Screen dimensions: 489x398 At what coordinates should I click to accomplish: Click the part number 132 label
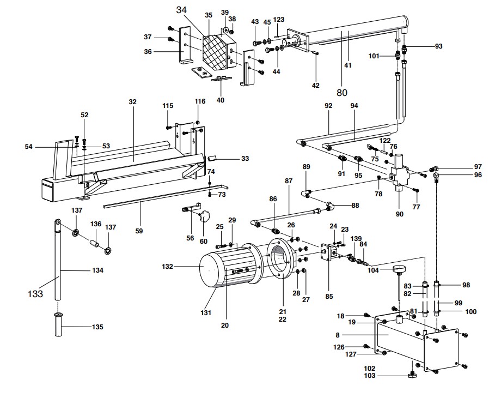(167, 267)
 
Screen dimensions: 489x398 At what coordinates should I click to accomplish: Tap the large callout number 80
(342, 93)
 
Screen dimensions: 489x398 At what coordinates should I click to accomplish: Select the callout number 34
(181, 10)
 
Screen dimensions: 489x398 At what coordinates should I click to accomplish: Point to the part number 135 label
(97, 327)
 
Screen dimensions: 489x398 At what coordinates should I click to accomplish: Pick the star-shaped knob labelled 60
(205, 216)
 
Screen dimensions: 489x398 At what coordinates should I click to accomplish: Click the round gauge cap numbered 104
(398, 268)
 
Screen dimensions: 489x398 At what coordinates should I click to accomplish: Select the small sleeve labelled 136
(95, 243)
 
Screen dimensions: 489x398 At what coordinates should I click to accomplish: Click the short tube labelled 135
(58, 324)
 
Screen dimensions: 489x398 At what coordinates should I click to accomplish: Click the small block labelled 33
(212, 158)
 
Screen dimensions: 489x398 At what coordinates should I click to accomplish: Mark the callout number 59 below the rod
(139, 231)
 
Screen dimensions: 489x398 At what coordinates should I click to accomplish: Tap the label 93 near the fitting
(438, 46)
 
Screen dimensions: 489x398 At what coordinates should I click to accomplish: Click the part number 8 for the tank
(338, 335)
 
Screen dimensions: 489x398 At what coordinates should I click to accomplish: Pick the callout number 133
(35, 294)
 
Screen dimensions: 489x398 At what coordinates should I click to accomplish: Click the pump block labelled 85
(329, 251)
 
